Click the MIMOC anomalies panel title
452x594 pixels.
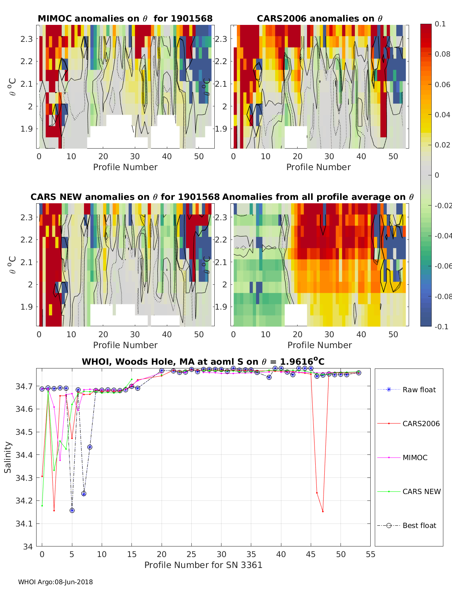[x=125, y=18]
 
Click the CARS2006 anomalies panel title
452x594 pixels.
[x=319, y=18]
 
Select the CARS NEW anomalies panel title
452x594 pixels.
[x=125, y=197]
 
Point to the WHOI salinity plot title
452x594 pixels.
[x=203, y=362]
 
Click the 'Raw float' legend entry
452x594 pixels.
[x=419, y=390]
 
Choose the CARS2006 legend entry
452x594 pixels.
[x=421, y=424]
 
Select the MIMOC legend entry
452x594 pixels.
[x=415, y=457]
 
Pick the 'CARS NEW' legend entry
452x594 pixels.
[x=421, y=491]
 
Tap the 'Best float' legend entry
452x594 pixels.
[x=419, y=525]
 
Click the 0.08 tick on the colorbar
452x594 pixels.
[x=442, y=54]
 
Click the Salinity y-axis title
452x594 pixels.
[x=8, y=457]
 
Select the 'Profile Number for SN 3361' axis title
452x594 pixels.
[x=203, y=565]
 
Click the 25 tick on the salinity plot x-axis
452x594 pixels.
[x=191, y=554]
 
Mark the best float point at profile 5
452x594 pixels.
[x=72, y=510]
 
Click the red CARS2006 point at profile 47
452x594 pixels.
[x=323, y=511]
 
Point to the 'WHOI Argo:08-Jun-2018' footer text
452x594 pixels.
[x=55, y=582]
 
